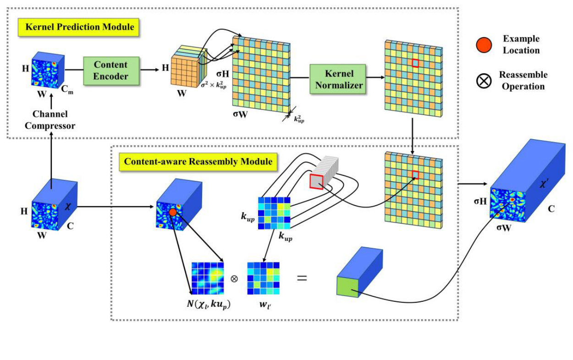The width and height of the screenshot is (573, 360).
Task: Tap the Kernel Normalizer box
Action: tap(338, 79)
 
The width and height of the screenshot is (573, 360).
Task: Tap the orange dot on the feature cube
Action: tap(173, 213)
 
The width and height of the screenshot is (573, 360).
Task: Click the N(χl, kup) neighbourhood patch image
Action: tap(208, 278)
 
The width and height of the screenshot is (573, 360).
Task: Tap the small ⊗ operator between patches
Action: tap(235, 278)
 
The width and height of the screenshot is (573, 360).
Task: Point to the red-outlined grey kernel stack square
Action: tap(316, 181)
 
